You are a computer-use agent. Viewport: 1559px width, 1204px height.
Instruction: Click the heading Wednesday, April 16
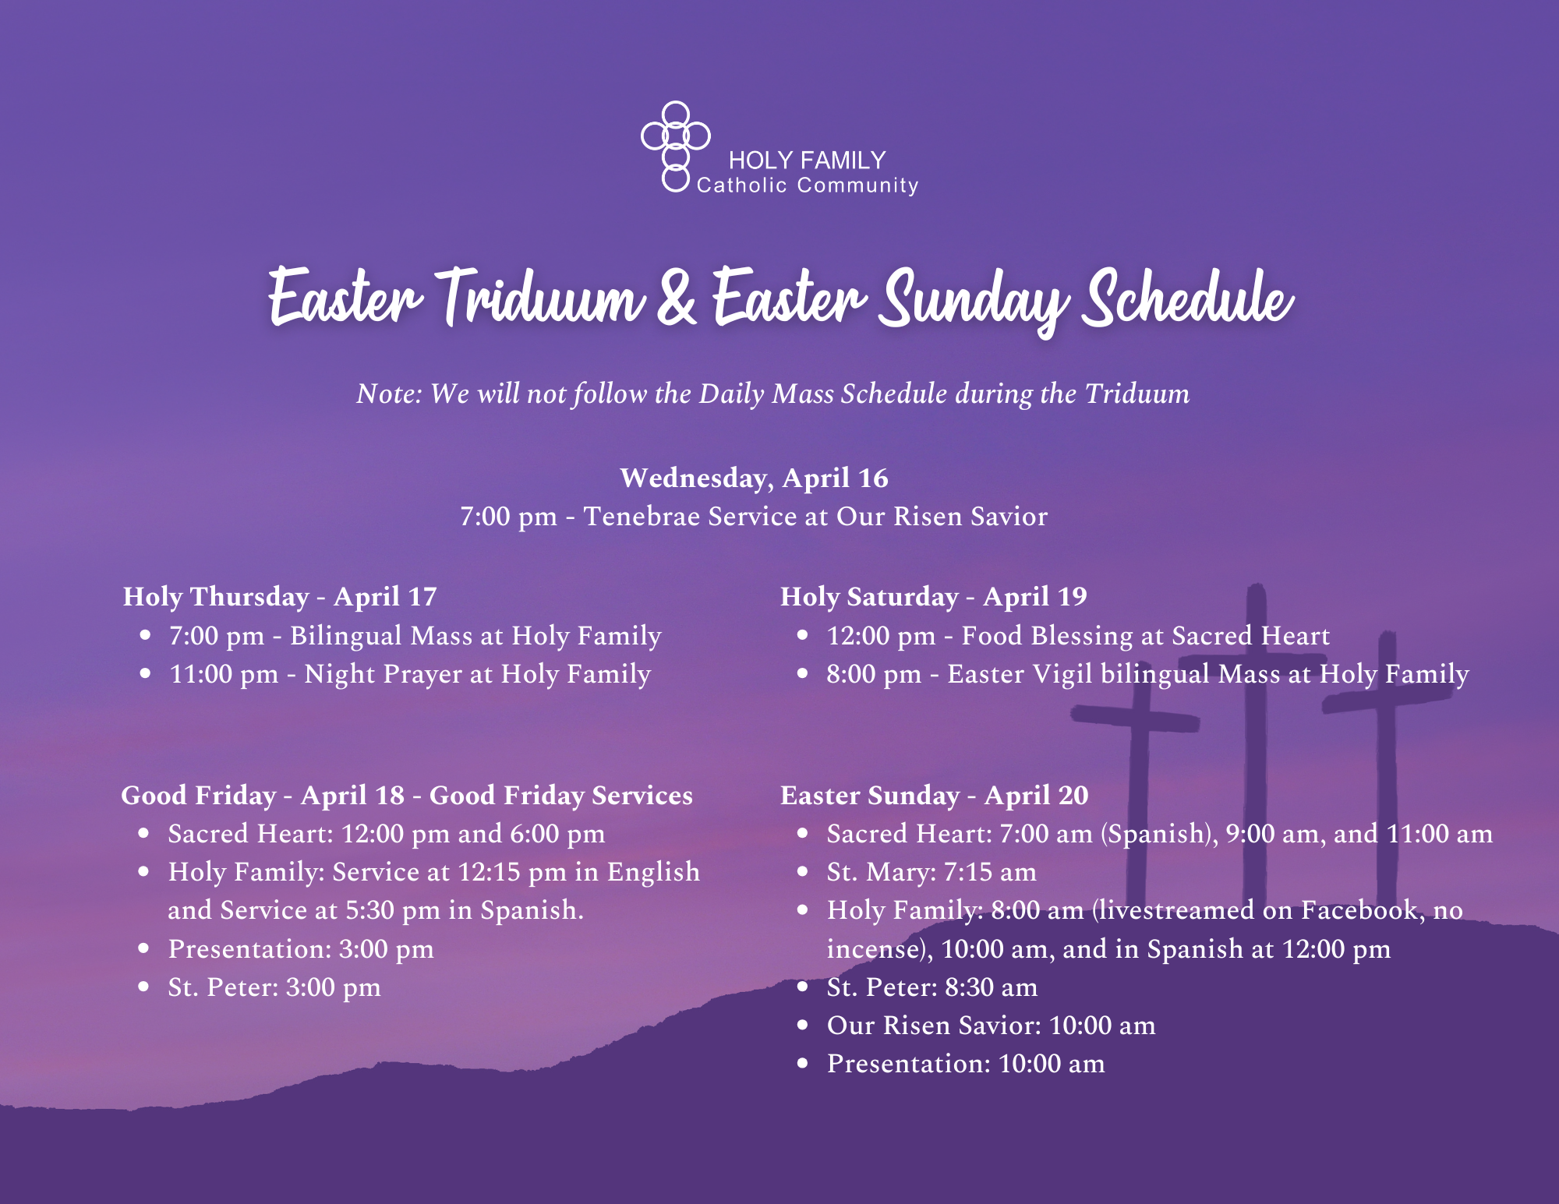point(754,478)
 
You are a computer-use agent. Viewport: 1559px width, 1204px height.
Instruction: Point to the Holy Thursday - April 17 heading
point(280,597)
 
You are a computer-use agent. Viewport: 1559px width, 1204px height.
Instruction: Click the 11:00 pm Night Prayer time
point(224,674)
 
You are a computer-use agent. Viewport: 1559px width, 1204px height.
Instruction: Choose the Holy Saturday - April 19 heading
point(934,597)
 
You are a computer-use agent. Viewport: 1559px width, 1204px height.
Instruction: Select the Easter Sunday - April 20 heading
point(935,796)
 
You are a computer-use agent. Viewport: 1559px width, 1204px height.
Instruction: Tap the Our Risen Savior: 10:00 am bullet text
point(991,1026)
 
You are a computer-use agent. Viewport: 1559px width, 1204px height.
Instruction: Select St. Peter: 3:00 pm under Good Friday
point(274,987)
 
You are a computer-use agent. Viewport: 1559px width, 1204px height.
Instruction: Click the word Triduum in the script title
point(539,298)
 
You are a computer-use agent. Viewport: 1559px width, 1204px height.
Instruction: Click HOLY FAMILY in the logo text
point(807,161)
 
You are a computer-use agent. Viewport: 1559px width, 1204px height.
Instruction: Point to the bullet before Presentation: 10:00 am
point(803,1064)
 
